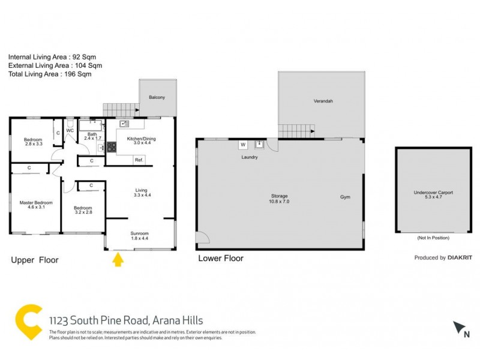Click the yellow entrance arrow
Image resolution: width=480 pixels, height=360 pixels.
[118, 259]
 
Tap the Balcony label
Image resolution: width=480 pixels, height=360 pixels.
[157, 97]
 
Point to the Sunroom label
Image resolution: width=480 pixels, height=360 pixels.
[139, 233]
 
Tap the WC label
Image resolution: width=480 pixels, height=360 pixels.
[70, 130]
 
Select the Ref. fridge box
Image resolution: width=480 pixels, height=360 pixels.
[139, 160]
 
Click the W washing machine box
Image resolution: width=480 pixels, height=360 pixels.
[243, 145]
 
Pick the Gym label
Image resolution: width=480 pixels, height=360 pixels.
[345, 197]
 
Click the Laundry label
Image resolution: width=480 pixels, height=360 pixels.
[250, 157]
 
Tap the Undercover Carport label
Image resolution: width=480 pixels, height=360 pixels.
[433, 193]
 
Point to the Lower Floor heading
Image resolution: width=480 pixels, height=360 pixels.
[220, 259]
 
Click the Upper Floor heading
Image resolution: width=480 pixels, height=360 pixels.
[35, 260]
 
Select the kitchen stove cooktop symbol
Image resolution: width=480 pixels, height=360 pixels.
[111, 146]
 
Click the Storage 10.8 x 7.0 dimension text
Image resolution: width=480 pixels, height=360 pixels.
[278, 202]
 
